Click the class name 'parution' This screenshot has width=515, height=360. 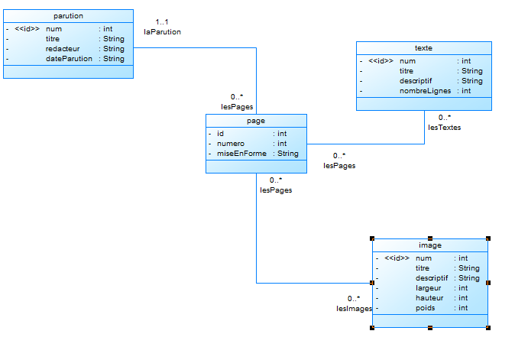click(69, 16)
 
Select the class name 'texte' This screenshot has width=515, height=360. click(423, 47)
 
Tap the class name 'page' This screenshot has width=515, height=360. click(256, 121)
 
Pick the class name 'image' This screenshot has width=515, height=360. click(429, 245)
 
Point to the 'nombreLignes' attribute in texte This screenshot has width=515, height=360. click(425, 91)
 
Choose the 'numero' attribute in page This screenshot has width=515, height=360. click(231, 144)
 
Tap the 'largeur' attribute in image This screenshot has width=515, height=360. click(429, 288)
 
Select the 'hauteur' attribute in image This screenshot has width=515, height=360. click(429, 298)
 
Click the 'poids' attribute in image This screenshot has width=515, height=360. click(425, 308)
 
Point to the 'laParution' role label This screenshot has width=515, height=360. click(162, 32)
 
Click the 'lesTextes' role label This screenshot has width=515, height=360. click(444, 128)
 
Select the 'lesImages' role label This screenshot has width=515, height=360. click(354, 309)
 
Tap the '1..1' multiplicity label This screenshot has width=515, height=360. click(161, 22)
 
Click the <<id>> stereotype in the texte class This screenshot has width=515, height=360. click(381, 61)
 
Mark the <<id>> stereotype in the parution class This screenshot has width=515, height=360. click(27, 29)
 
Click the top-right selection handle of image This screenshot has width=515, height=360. click(487, 238)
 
